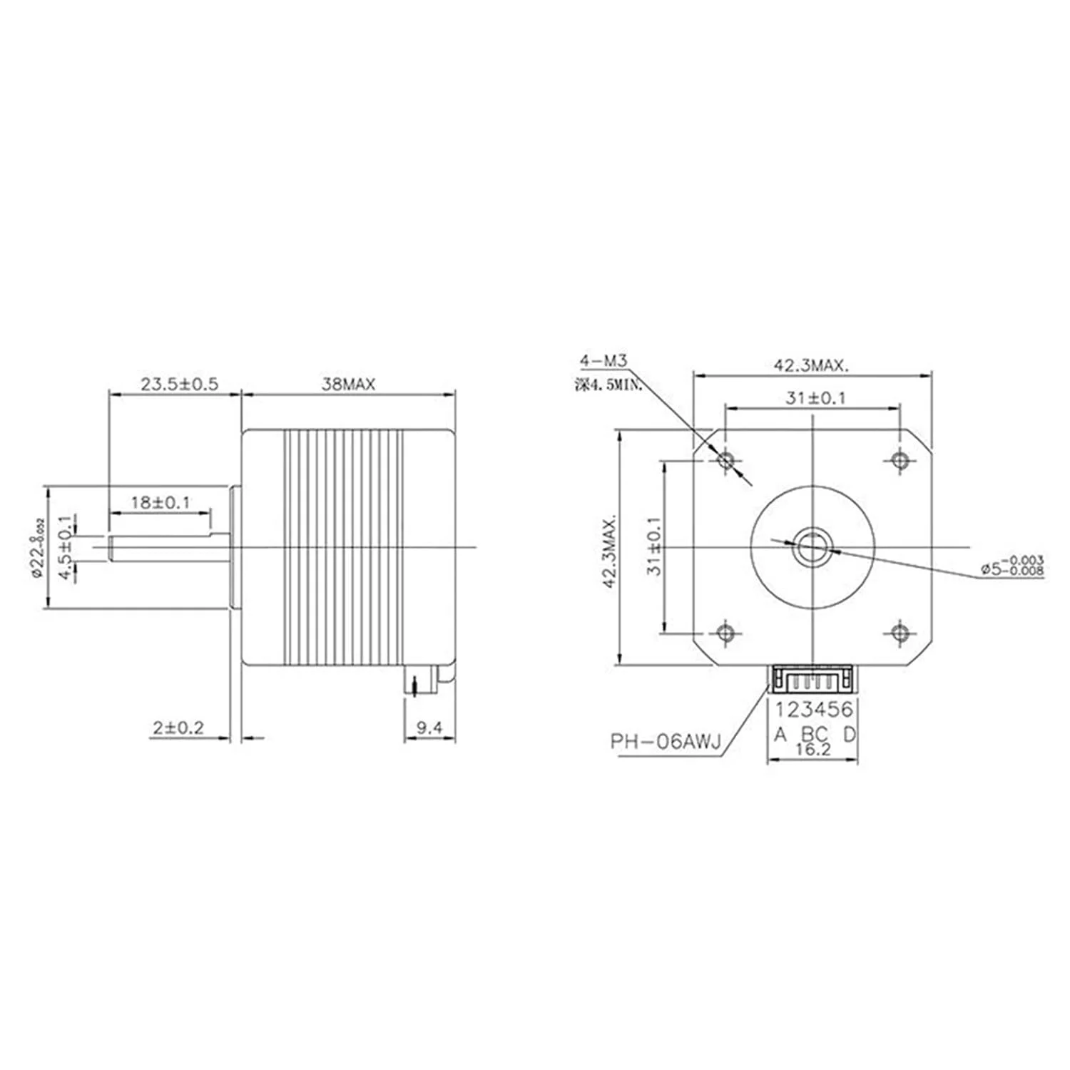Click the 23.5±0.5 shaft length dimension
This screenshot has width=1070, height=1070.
[x=179, y=385]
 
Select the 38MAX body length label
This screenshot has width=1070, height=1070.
[x=348, y=385]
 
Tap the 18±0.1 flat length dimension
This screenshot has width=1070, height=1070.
[x=160, y=503]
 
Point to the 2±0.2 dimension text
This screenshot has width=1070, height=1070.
[x=178, y=728]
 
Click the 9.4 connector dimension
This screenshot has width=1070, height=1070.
[x=429, y=728]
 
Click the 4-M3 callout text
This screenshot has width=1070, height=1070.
[x=603, y=362]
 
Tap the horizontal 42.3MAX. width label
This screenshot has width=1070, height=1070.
[x=812, y=367]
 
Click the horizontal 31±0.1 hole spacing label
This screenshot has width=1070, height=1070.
[x=815, y=399]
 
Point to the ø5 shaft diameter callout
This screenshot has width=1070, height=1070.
[x=1012, y=566]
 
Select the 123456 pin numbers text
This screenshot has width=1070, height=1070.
[x=814, y=710]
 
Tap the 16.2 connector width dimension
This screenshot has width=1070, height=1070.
[x=813, y=750]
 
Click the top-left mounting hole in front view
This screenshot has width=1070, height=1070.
[x=726, y=460]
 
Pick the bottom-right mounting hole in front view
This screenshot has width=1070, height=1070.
[x=900, y=633]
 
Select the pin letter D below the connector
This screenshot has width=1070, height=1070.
[x=849, y=734]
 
